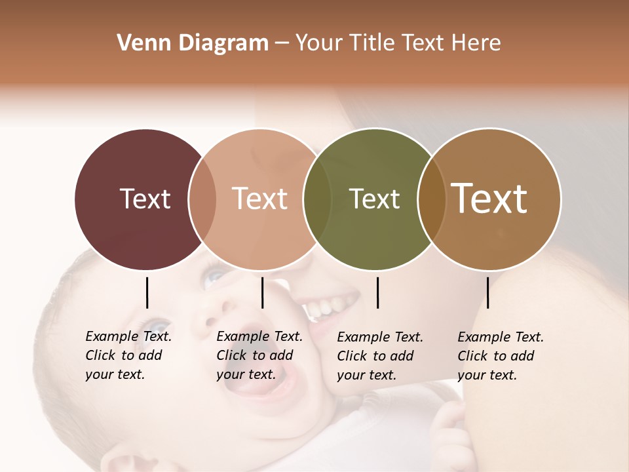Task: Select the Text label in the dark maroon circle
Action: tap(145, 199)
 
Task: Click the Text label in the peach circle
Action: tap(260, 199)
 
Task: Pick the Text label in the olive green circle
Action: tap(374, 199)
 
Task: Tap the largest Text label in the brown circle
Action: tap(489, 199)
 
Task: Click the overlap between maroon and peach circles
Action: tap(202, 199)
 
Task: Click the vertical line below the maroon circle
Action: tap(147, 292)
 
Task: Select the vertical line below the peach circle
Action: tap(262, 292)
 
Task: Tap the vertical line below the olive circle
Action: tap(377, 292)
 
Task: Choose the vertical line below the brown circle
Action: tap(487, 292)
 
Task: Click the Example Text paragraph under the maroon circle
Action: tap(128, 355)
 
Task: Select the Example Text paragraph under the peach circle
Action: tap(259, 355)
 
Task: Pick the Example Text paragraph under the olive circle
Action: tap(380, 356)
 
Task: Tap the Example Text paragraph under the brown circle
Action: tap(501, 356)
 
